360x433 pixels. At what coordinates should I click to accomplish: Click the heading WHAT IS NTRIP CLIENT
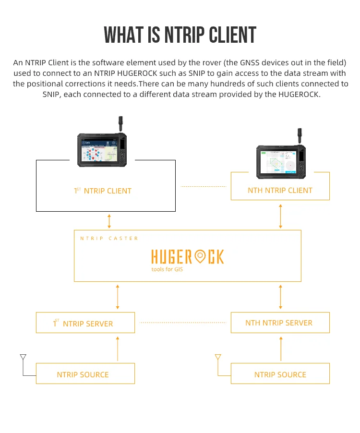click(180, 35)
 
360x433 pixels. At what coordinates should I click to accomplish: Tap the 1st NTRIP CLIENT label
click(103, 191)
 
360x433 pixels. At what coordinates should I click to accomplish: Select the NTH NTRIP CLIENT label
click(280, 190)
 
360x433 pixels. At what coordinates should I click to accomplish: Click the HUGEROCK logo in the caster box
click(188, 256)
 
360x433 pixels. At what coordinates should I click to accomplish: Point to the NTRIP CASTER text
click(109, 238)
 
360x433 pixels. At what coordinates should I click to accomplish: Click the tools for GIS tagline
click(167, 269)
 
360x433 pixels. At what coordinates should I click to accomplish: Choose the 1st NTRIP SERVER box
click(85, 323)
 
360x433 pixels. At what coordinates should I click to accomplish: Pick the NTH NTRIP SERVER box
click(280, 323)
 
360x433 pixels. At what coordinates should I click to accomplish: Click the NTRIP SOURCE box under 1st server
click(85, 373)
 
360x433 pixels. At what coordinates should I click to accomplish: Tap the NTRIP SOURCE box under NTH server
click(280, 373)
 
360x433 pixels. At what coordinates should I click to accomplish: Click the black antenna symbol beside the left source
click(23, 357)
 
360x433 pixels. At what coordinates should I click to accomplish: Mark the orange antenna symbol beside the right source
click(218, 357)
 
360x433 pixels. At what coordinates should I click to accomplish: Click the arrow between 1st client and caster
click(109, 221)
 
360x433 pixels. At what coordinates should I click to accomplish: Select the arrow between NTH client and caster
click(280, 216)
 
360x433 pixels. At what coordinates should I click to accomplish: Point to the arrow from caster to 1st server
click(118, 297)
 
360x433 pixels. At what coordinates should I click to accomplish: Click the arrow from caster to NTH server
click(280, 297)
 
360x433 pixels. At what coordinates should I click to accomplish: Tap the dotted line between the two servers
click(183, 322)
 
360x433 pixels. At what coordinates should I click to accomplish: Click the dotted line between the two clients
click(204, 186)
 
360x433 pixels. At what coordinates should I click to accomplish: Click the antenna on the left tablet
click(120, 123)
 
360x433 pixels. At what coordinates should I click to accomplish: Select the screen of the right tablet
click(279, 162)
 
